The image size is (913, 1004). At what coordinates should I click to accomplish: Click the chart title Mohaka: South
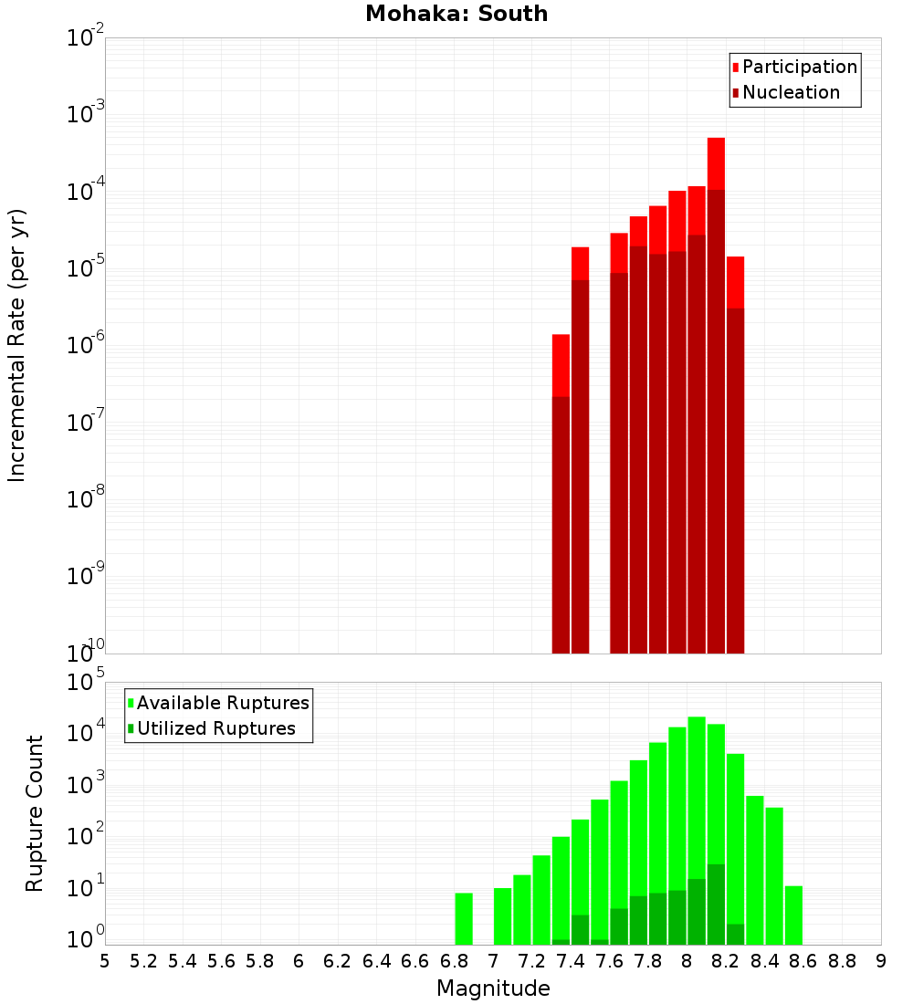(456, 14)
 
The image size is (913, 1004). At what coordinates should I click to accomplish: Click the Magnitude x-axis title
(493, 988)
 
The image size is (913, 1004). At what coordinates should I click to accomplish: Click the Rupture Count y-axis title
(35, 812)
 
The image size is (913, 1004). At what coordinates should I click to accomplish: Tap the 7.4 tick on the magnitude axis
(571, 961)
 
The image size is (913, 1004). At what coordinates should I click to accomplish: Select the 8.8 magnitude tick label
(842, 961)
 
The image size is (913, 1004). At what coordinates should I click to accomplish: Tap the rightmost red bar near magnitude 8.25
(735, 456)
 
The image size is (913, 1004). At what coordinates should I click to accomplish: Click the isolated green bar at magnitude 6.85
(464, 918)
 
